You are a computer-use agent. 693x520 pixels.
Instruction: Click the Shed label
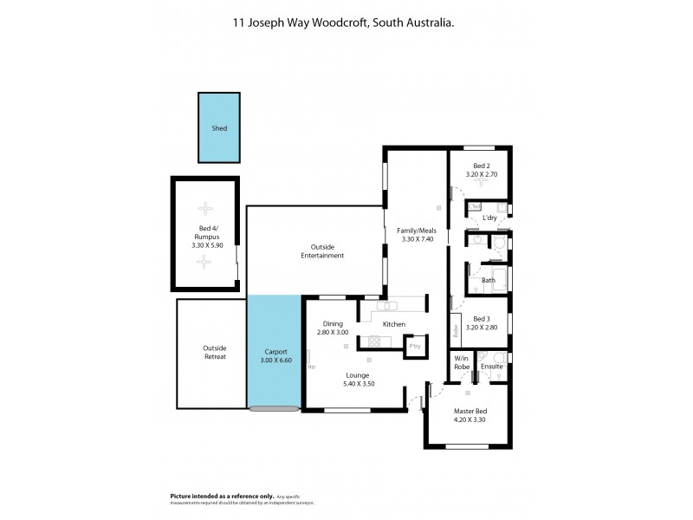tap(220, 128)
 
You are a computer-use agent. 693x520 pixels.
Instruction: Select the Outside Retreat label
tap(214, 353)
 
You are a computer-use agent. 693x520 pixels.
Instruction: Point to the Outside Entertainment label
tap(322, 251)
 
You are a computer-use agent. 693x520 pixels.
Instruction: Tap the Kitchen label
tap(394, 324)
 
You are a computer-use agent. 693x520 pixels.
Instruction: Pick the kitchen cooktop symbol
tap(374, 340)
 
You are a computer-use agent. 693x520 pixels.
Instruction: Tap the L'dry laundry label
tap(477, 218)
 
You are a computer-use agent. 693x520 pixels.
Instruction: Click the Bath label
tap(489, 280)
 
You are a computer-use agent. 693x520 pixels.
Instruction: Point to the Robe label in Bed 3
tap(456, 330)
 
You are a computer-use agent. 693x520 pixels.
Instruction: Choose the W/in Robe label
tap(462, 362)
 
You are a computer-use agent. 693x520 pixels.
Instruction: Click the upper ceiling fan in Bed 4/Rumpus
tap(205, 208)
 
